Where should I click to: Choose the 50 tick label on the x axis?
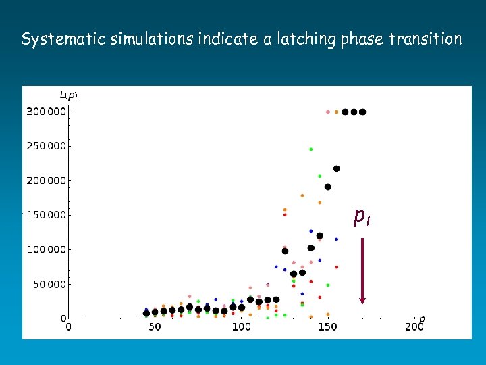(x=155, y=327)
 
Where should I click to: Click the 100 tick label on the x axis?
(x=241, y=327)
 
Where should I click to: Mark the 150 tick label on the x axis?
(x=327, y=327)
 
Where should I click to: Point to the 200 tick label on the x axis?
(x=414, y=327)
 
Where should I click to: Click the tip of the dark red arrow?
(x=362, y=302)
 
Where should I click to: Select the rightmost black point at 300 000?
(x=362, y=112)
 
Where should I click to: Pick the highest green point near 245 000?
(x=310, y=149)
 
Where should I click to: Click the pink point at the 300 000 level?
(x=328, y=112)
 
